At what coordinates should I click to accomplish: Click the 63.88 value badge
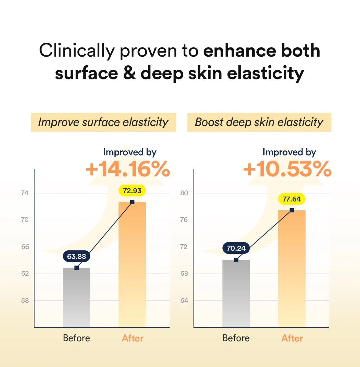point(77,256)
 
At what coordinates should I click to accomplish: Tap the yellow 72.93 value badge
point(132,191)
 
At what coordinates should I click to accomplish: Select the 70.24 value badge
point(236,248)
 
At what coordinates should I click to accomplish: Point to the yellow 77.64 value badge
point(291,199)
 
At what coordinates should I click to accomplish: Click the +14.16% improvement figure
point(128,169)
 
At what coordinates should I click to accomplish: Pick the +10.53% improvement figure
point(287,169)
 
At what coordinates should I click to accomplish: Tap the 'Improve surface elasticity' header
point(103,122)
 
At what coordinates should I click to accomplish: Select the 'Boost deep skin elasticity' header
point(259,122)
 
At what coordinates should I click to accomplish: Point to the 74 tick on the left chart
point(25,193)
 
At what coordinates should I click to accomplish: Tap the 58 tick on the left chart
point(25,301)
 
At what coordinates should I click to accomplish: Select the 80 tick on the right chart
point(184,193)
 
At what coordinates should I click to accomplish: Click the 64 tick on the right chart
point(184,301)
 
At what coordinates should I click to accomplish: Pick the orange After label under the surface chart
point(133,338)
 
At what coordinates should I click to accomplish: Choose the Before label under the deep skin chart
point(236,338)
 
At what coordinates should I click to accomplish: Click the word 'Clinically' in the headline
point(77,51)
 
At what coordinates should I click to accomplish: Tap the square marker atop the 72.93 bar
point(132,202)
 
